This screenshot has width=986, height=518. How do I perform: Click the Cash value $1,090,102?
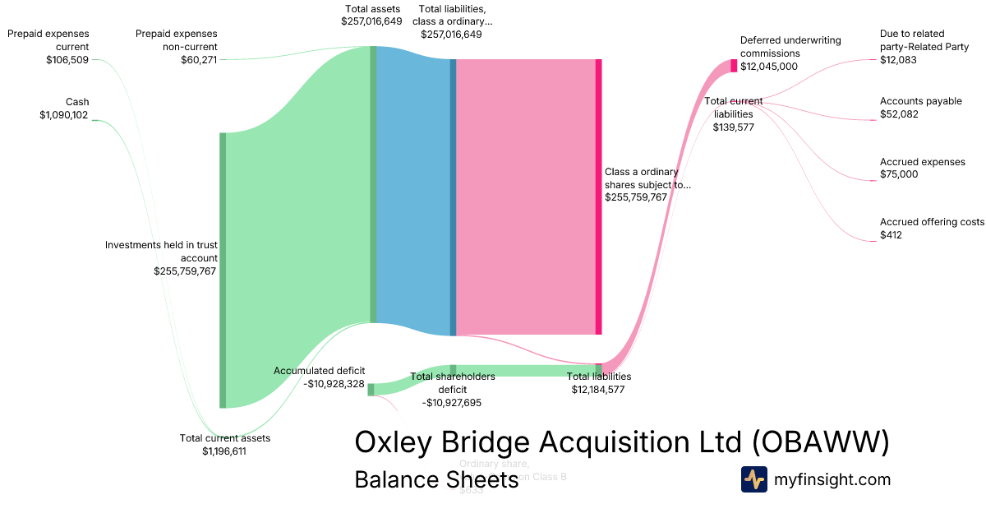click(x=63, y=115)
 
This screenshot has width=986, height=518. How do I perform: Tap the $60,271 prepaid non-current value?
click(x=199, y=60)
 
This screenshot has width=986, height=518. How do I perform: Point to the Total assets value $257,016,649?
click(x=371, y=21)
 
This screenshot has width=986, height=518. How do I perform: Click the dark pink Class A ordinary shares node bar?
click(x=598, y=197)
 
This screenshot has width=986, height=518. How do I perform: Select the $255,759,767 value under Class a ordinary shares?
click(x=635, y=197)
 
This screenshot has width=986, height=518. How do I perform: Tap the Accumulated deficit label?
click(x=319, y=371)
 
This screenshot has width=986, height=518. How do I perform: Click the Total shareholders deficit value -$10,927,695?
click(x=451, y=403)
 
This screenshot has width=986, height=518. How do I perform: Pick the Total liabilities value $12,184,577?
click(x=598, y=390)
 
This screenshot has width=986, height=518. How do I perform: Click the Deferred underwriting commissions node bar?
click(x=734, y=66)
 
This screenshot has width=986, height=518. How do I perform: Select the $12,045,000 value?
click(x=768, y=67)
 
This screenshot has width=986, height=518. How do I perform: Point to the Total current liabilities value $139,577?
click(x=733, y=127)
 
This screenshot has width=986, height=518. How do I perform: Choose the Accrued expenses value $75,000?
click(x=899, y=174)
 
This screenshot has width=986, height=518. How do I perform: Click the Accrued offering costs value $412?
click(x=892, y=235)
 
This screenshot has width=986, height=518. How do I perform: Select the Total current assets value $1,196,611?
click(x=224, y=451)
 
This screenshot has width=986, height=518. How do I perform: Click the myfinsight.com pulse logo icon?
click(x=753, y=479)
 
